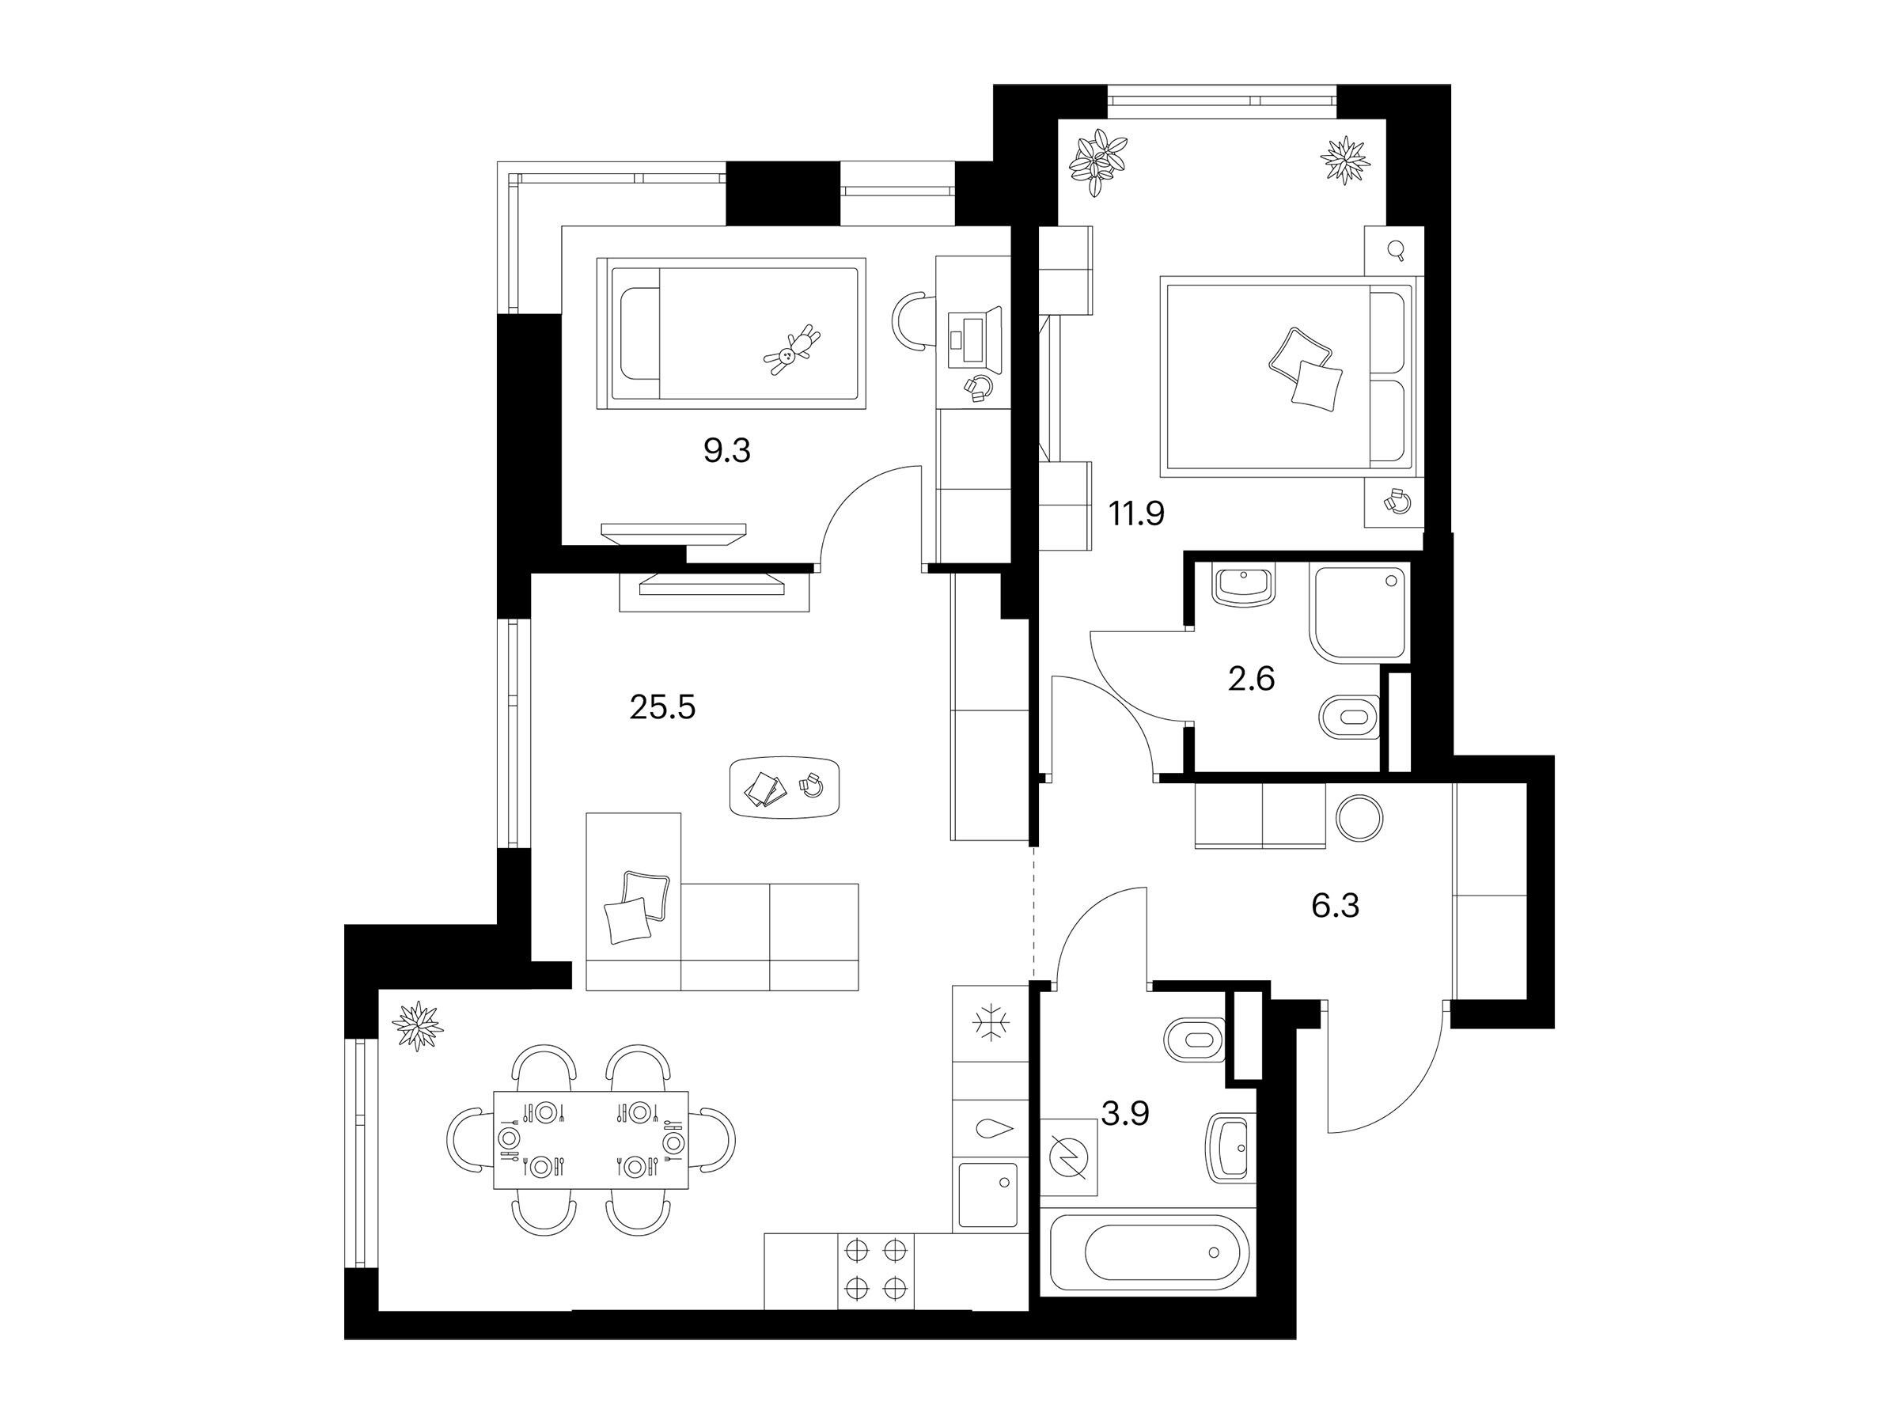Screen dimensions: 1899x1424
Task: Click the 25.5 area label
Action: pyautogui.click(x=662, y=708)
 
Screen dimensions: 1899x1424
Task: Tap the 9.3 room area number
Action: pyautogui.click(x=727, y=451)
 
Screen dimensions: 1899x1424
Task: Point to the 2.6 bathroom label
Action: pyautogui.click(x=1251, y=679)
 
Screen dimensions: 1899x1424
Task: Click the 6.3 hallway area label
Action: pyautogui.click(x=1336, y=906)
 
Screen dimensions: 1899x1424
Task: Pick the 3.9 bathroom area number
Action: pyautogui.click(x=1124, y=1113)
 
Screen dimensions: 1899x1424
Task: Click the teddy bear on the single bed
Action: pyautogui.click(x=791, y=350)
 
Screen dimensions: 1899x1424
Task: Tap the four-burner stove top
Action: pyautogui.click(x=877, y=1272)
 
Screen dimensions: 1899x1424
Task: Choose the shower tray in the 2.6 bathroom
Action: pyautogui.click(x=1360, y=612)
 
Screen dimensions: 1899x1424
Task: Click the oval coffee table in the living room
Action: pyautogui.click(x=785, y=787)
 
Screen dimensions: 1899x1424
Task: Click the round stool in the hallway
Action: pyautogui.click(x=1359, y=817)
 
